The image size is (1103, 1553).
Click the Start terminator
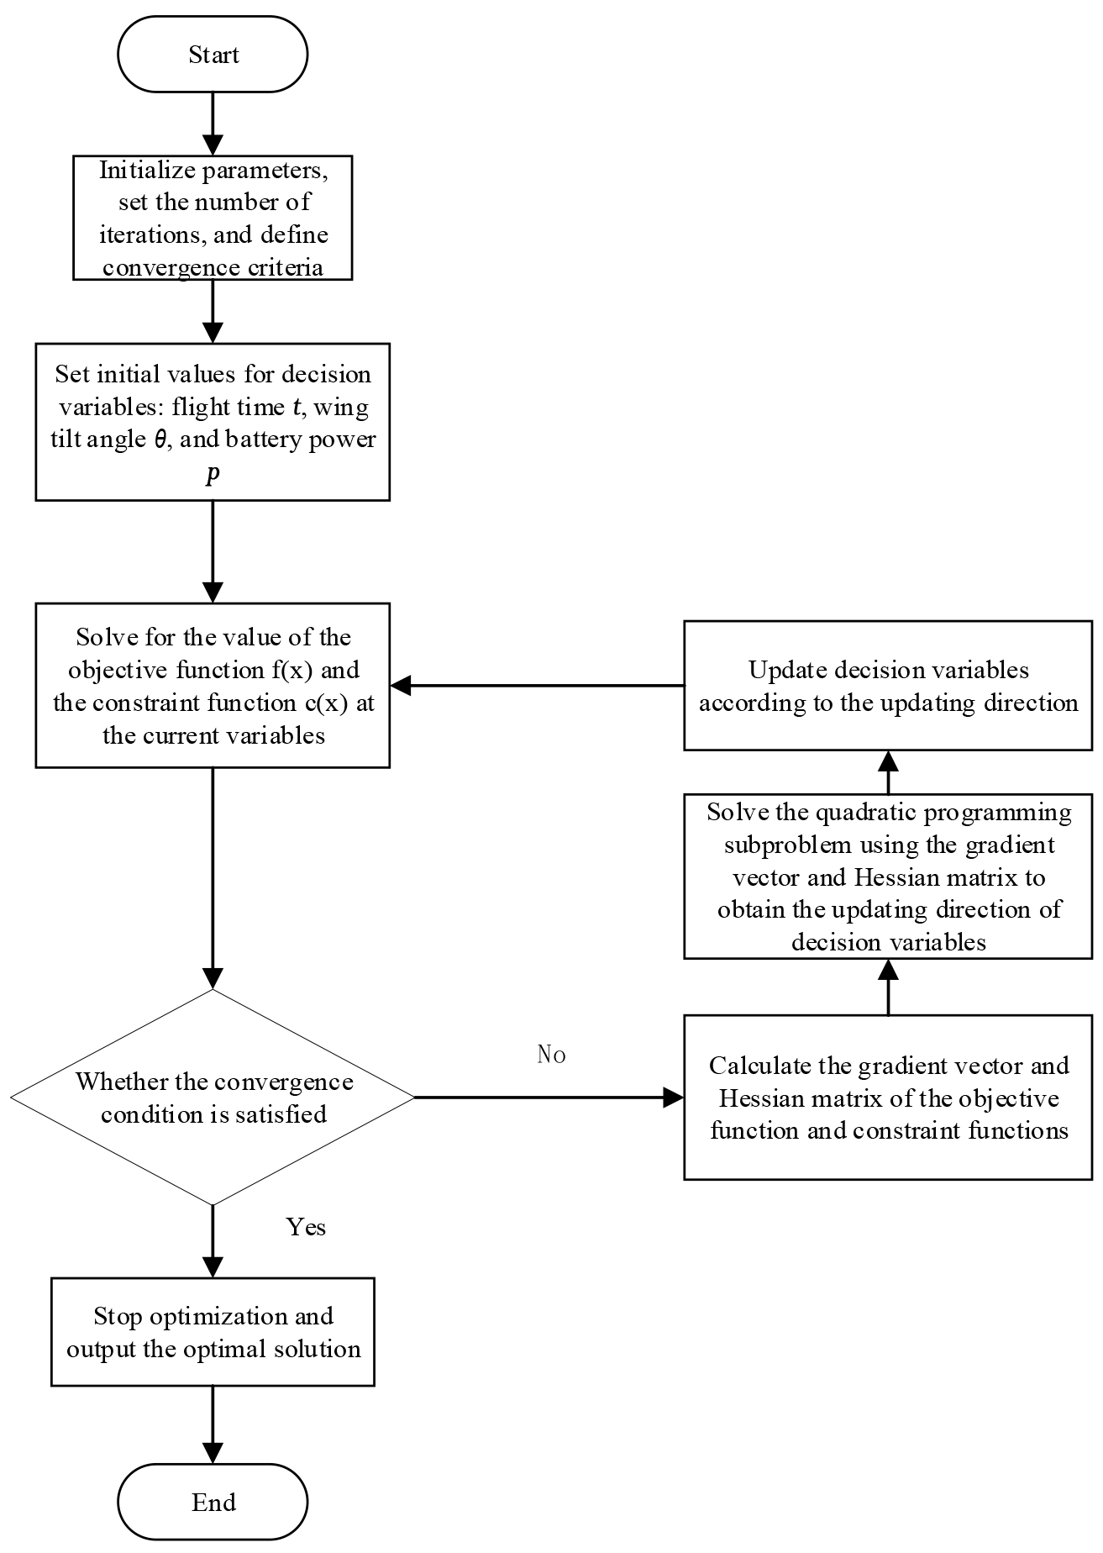pos(213,55)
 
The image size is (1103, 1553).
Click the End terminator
pos(213,1502)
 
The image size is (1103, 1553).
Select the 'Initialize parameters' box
pos(213,218)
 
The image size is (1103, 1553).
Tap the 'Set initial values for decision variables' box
pos(213,422)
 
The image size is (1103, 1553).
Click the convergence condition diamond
pos(213,1097)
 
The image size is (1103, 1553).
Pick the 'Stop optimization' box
pos(213,1332)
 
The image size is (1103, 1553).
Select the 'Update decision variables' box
pos(888,685)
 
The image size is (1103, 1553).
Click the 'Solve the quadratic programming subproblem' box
pos(888,876)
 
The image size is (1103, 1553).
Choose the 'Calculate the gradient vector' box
pos(888,1097)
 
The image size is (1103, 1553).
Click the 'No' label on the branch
pos(551,1055)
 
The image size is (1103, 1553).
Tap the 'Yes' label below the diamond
pos(306,1227)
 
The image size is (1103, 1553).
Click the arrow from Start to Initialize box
pos(213,122)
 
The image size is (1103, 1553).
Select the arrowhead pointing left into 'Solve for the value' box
pos(401,685)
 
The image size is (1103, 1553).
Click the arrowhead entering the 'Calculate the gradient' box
pos(674,1097)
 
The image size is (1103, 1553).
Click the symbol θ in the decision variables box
pos(160,440)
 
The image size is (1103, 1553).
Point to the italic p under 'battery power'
pos(213,474)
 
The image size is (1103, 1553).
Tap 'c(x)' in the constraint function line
pos(328,703)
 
